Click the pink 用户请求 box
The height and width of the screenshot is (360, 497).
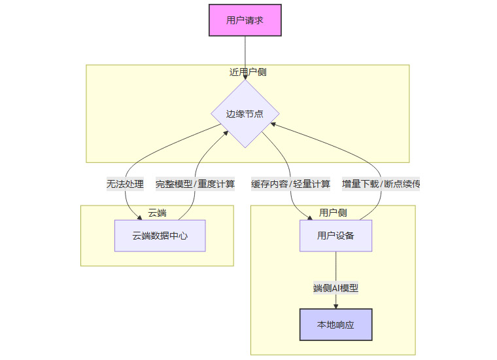coord(245,20)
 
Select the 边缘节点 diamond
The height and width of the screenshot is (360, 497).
coord(245,114)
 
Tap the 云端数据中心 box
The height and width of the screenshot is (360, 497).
coord(160,236)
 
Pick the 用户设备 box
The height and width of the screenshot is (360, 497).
coord(335,236)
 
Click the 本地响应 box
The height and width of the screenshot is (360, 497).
coord(335,325)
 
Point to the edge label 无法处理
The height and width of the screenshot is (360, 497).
coord(125,184)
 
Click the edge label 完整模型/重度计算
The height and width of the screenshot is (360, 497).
coord(196,184)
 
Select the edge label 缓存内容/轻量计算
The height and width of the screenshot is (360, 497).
coord(291,184)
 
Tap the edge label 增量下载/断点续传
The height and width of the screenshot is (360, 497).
coord(381,184)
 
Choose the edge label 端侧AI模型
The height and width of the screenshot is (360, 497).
coord(335,288)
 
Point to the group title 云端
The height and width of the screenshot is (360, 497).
coord(157,213)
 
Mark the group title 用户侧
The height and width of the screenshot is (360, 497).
coord(333,213)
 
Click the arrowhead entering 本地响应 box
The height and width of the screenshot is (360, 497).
coord(335,306)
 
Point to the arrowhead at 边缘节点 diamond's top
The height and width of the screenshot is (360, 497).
coord(245,77)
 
